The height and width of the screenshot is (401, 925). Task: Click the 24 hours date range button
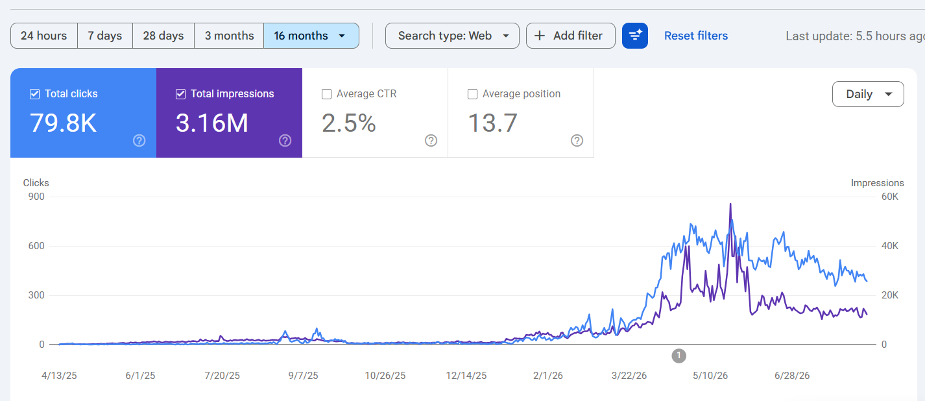[x=44, y=36]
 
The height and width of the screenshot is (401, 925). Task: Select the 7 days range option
[x=105, y=36]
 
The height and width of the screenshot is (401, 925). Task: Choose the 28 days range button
[x=163, y=36]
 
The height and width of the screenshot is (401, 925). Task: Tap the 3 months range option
[x=229, y=36]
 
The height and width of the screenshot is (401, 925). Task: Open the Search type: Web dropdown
[x=452, y=36]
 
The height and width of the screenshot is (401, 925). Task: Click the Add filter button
[x=571, y=36]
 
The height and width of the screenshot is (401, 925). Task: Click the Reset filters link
[x=696, y=36]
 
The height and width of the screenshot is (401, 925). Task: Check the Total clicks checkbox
[x=34, y=94]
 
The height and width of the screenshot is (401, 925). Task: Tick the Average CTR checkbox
[x=326, y=94]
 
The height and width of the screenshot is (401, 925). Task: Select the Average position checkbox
[x=472, y=94]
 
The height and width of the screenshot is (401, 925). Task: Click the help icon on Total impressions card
[x=285, y=141]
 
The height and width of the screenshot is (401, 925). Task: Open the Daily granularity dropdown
[x=868, y=94]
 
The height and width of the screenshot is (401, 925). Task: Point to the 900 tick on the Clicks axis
[x=36, y=197]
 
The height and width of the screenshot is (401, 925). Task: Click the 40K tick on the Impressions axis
[x=890, y=246]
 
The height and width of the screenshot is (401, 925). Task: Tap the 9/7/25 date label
[x=303, y=376]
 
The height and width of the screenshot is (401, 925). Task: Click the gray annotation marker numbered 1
[x=679, y=356]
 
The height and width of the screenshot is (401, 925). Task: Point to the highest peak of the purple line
[x=730, y=204]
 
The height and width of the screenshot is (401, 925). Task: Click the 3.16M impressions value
[x=212, y=123]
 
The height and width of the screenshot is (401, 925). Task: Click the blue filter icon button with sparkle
[x=635, y=36]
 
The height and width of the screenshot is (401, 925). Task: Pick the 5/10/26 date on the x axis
[x=710, y=376]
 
